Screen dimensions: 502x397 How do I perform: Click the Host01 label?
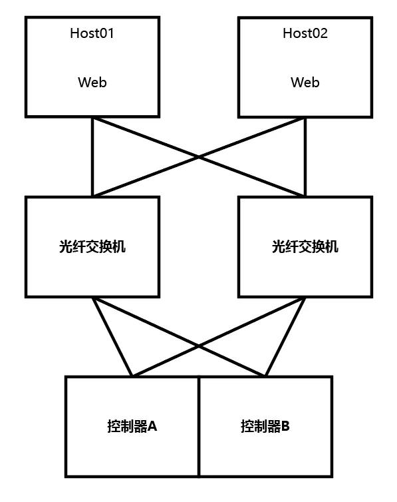pos(92,33)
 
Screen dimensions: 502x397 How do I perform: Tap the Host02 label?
pos(305,33)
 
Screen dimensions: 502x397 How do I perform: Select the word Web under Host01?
pos(92,83)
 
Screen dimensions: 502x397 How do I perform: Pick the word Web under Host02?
pos(305,83)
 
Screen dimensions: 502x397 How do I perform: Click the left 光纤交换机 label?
pos(92,247)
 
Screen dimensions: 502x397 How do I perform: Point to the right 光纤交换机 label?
pos(305,247)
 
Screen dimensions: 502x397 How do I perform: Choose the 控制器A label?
pos(132,426)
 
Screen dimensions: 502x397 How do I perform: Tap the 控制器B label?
pos(265,426)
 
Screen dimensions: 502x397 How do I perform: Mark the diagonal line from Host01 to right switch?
pos(253,176)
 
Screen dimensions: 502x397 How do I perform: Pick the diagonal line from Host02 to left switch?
pos(146,176)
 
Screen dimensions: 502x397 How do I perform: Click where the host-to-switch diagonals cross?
pos(199,157)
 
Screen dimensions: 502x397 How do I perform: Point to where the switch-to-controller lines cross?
pos(199,346)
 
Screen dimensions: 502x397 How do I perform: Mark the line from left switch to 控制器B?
pos(233,362)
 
